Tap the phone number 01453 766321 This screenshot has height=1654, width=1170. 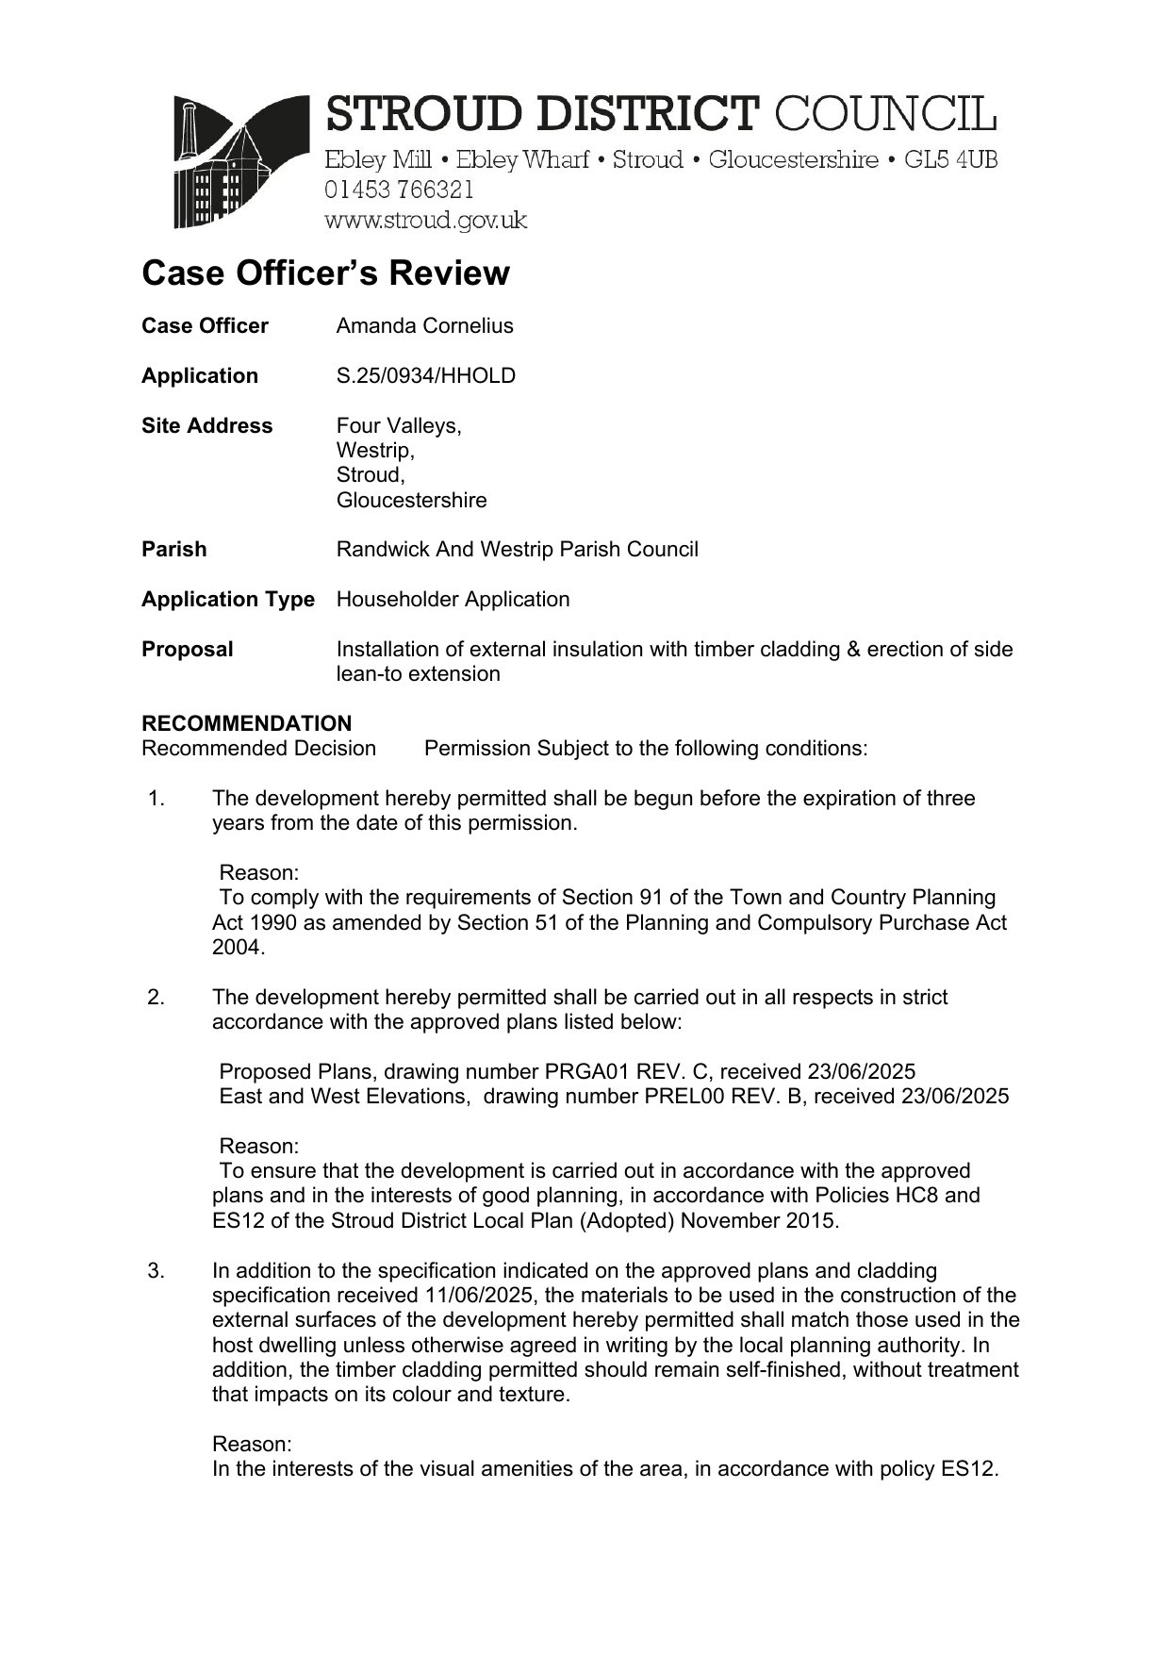(x=399, y=190)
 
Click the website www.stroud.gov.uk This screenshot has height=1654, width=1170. (x=425, y=221)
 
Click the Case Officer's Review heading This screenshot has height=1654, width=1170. (x=325, y=273)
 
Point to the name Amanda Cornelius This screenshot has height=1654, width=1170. (x=424, y=326)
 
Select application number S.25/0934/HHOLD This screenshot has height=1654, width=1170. (x=425, y=376)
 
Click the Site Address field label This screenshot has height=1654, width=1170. (x=206, y=426)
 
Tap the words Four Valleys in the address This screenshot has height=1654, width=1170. (x=398, y=426)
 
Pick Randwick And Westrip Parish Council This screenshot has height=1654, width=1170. (x=517, y=550)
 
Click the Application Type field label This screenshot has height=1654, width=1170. (x=227, y=600)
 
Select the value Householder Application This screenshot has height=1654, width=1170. (x=453, y=600)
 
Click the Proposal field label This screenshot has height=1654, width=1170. (x=187, y=650)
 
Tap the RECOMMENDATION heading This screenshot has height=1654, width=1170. (x=246, y=723)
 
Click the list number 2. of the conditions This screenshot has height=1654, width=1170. (x=157, y=998)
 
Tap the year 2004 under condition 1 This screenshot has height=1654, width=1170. (x=236, y=948)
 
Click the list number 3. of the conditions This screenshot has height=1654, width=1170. (x=157, y=1271)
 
